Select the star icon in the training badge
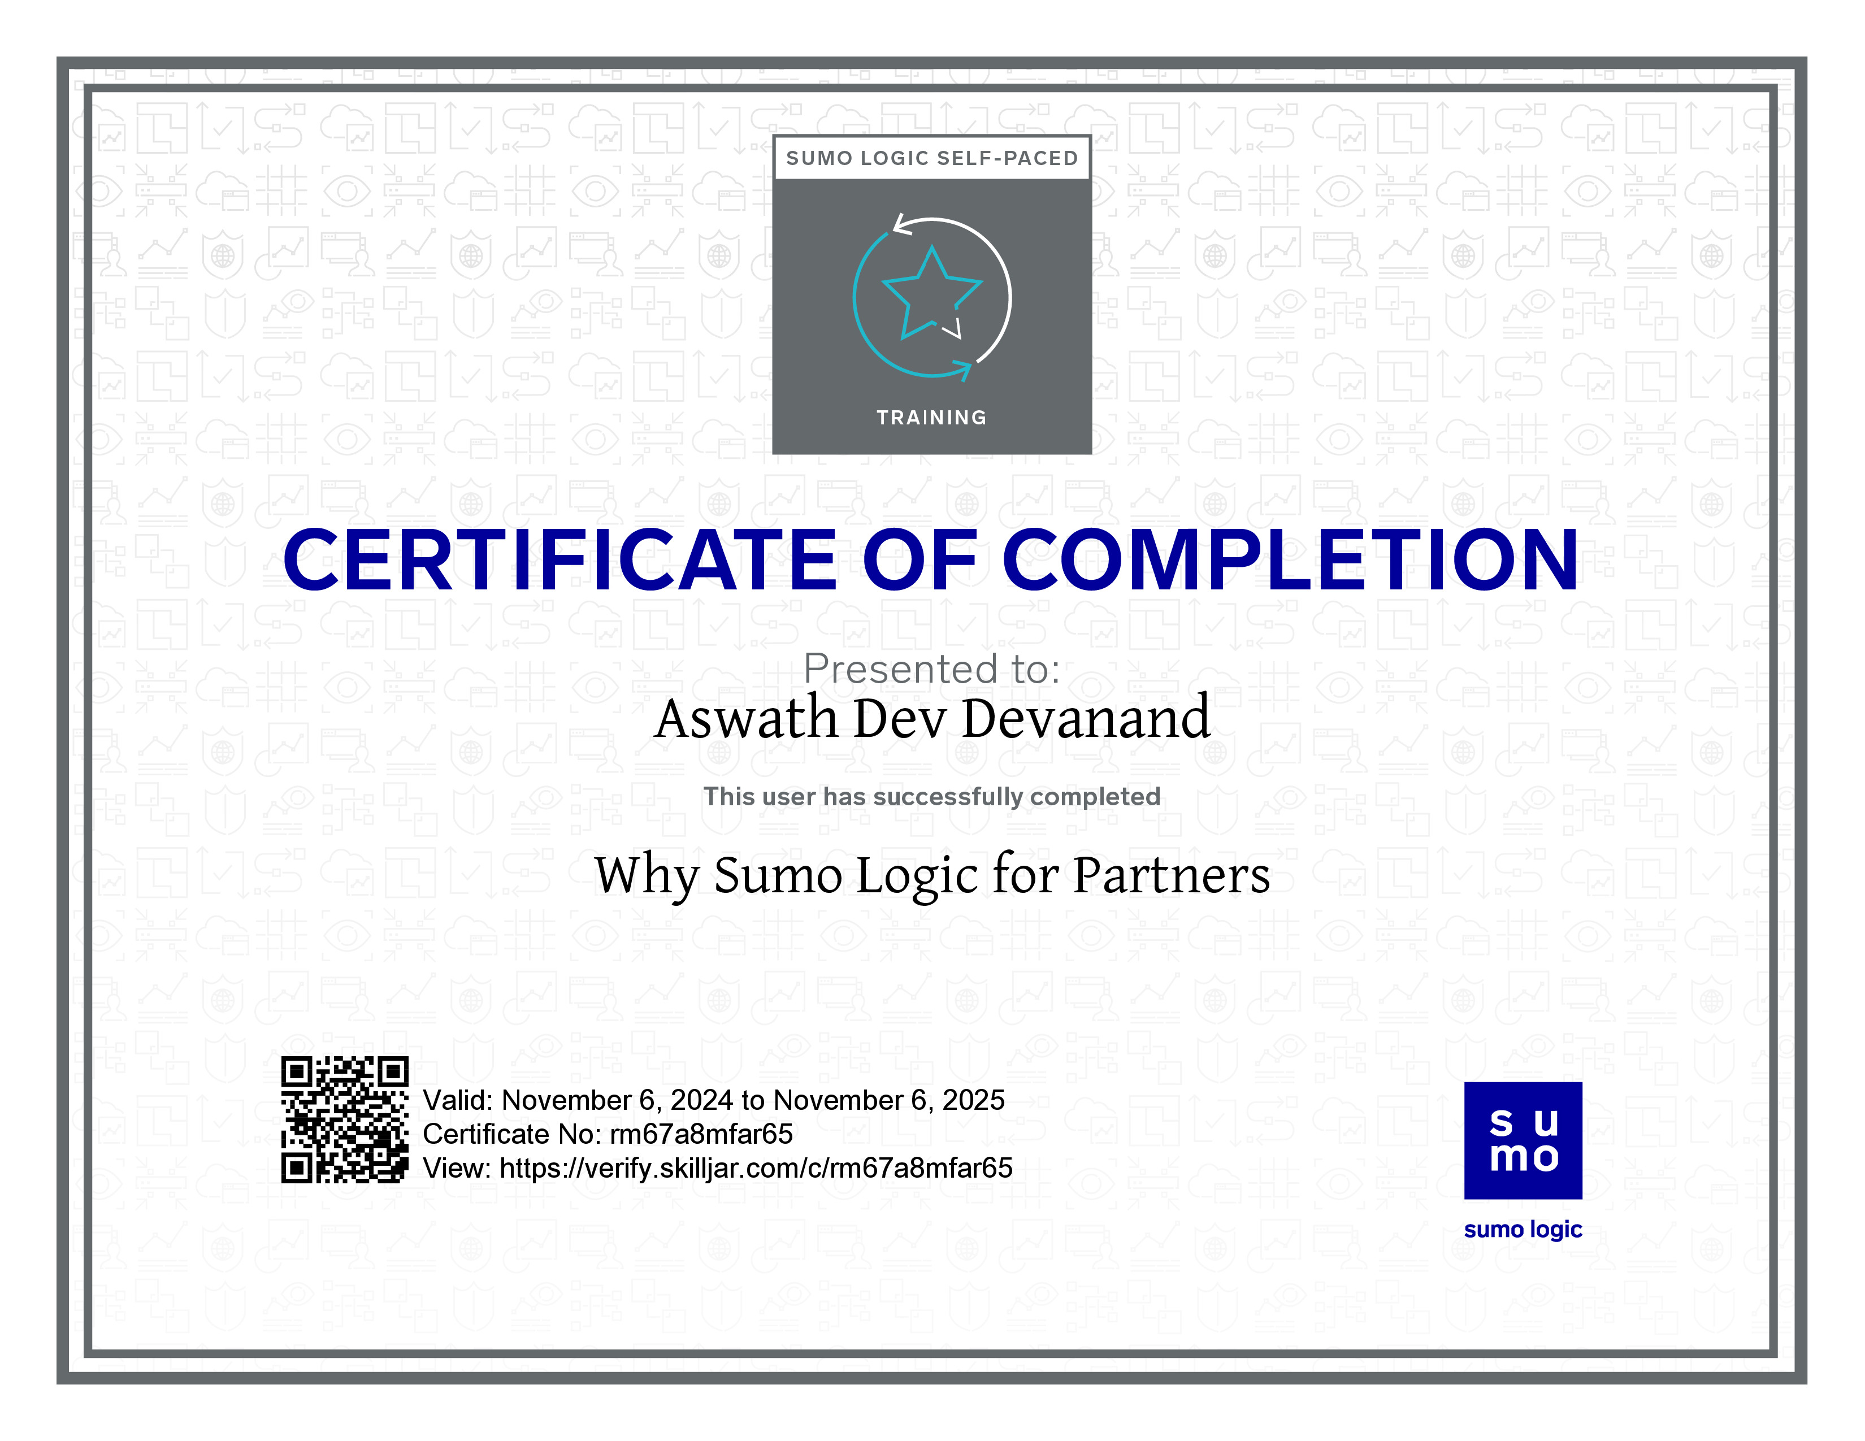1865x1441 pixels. tap(931, 292)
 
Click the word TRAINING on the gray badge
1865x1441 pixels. tap(931, 418)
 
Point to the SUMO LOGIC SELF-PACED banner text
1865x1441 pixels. tap(931, 158)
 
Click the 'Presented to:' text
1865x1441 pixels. tap(931, 669)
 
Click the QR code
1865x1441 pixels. tap(345, 1119)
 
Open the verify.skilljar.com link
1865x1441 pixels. tap(756, 1168)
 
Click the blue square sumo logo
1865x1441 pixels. tap(1523, 1140)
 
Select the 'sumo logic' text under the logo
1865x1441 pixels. tap(1523, 1229)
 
